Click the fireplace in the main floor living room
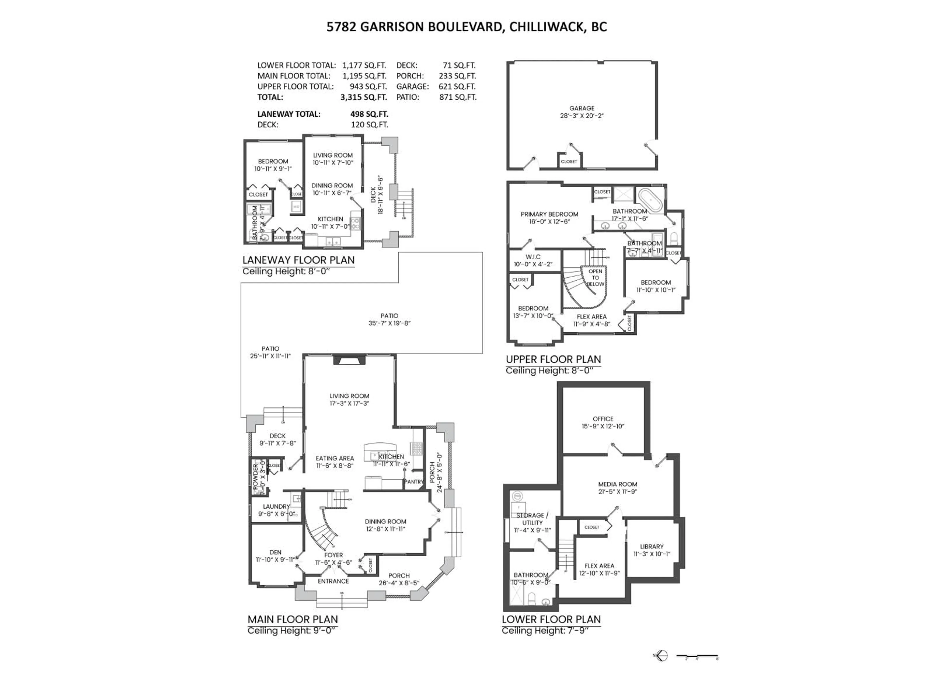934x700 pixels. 349,360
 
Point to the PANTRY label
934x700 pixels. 413,481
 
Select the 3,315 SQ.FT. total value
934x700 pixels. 364,97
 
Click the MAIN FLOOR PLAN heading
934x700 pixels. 293,619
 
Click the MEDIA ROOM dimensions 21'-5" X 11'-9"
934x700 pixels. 617,491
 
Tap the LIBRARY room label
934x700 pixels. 652,546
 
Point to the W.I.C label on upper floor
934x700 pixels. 533,256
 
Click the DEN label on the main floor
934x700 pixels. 275,552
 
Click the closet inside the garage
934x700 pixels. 568,161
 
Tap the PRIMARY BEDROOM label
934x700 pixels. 549,214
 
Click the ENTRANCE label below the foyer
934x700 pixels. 333,581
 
